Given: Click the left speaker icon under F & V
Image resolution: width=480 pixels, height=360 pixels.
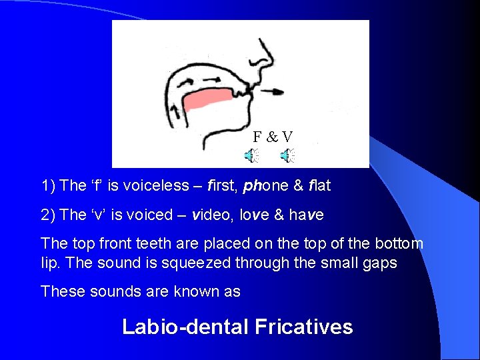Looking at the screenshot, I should point(251,157).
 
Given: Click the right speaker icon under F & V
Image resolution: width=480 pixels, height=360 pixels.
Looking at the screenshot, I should point(288,157).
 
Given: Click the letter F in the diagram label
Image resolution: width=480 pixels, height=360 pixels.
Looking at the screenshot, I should point(257,137).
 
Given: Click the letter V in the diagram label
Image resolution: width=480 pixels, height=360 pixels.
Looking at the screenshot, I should point(287,137).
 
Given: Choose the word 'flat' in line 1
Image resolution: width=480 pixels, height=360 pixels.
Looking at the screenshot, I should point(316,185).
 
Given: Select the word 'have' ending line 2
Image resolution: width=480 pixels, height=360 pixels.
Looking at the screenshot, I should point(307,215).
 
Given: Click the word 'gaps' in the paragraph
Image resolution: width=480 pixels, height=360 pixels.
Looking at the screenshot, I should point(381,263).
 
